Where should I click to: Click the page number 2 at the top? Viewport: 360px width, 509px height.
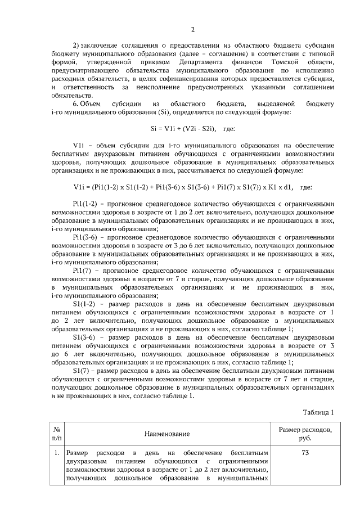(193, 30)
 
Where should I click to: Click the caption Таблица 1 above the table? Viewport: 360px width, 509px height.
(318, 412)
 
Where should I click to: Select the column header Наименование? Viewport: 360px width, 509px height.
(166, 434)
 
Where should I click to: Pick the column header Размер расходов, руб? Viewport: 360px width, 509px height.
(305, 434)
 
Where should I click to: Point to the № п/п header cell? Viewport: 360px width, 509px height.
(57, 434)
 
